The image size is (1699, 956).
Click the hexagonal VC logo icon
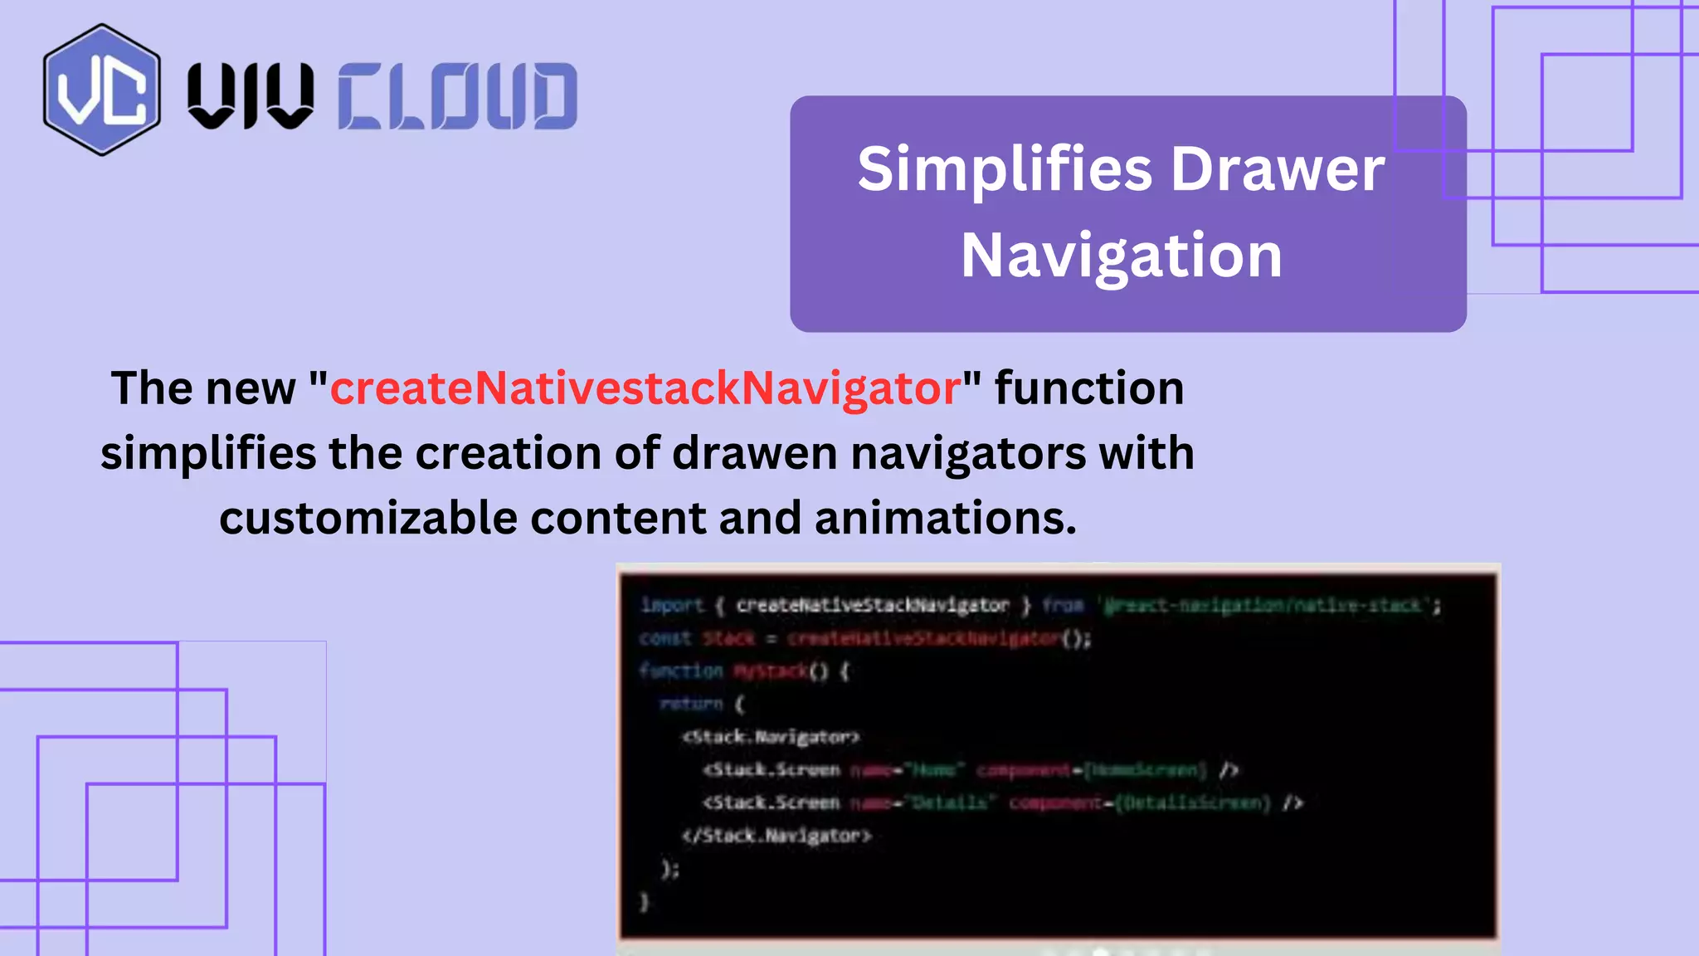click(101, 90)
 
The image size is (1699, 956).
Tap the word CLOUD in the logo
click(457, 96)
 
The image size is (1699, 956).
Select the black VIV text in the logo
click(251, 96)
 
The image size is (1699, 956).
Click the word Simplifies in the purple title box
click(1005, 169)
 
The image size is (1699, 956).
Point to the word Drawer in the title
click(1278, 169)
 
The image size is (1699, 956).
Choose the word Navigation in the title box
click(1122, 256)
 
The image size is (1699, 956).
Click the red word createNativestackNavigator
click(645, 388)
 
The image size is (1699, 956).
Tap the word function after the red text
click(1089, 388)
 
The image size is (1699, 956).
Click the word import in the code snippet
click(672, 606)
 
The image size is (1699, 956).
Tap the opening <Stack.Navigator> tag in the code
click(770, 737)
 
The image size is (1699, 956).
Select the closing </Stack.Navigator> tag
click(776, 836)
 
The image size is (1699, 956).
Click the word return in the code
click(691, 704)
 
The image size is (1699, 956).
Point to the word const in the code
click(665, 638)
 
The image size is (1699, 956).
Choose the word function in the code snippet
click(681, 671)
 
